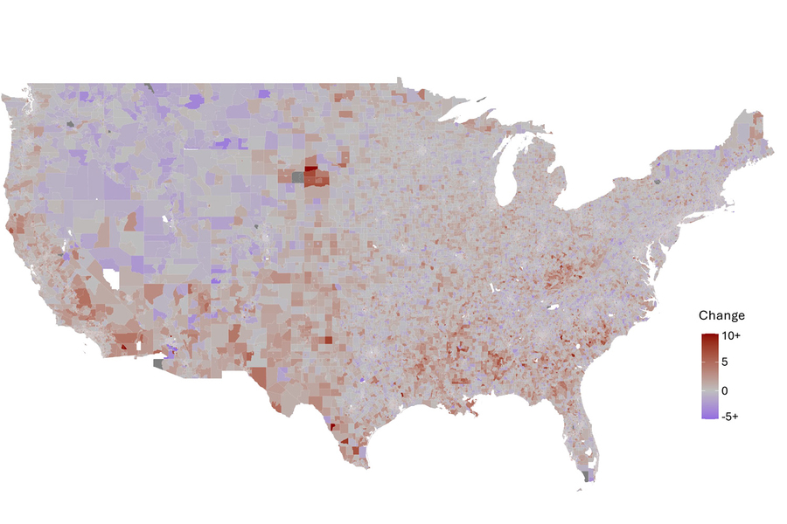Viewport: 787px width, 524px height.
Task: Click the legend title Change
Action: [x=721, y=315]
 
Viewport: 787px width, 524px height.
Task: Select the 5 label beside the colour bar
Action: [x=724, y=362]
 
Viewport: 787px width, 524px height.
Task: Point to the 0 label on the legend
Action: [x=724, y=390]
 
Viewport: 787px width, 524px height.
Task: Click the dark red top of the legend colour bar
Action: [x=709, y=337]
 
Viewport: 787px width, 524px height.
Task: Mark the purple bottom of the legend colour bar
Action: [x=709, y=415]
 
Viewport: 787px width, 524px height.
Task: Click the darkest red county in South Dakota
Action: [x=310, y=169]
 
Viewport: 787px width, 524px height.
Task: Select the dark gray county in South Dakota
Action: [x=299, y=178]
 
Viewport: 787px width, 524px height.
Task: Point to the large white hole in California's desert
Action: [x=111, y=280]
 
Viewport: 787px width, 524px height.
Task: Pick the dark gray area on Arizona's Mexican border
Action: [x=158, y=362]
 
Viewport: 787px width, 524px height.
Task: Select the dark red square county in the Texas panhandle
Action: [x=329, y=341]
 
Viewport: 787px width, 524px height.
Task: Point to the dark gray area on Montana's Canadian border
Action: [x=150, y=87]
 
